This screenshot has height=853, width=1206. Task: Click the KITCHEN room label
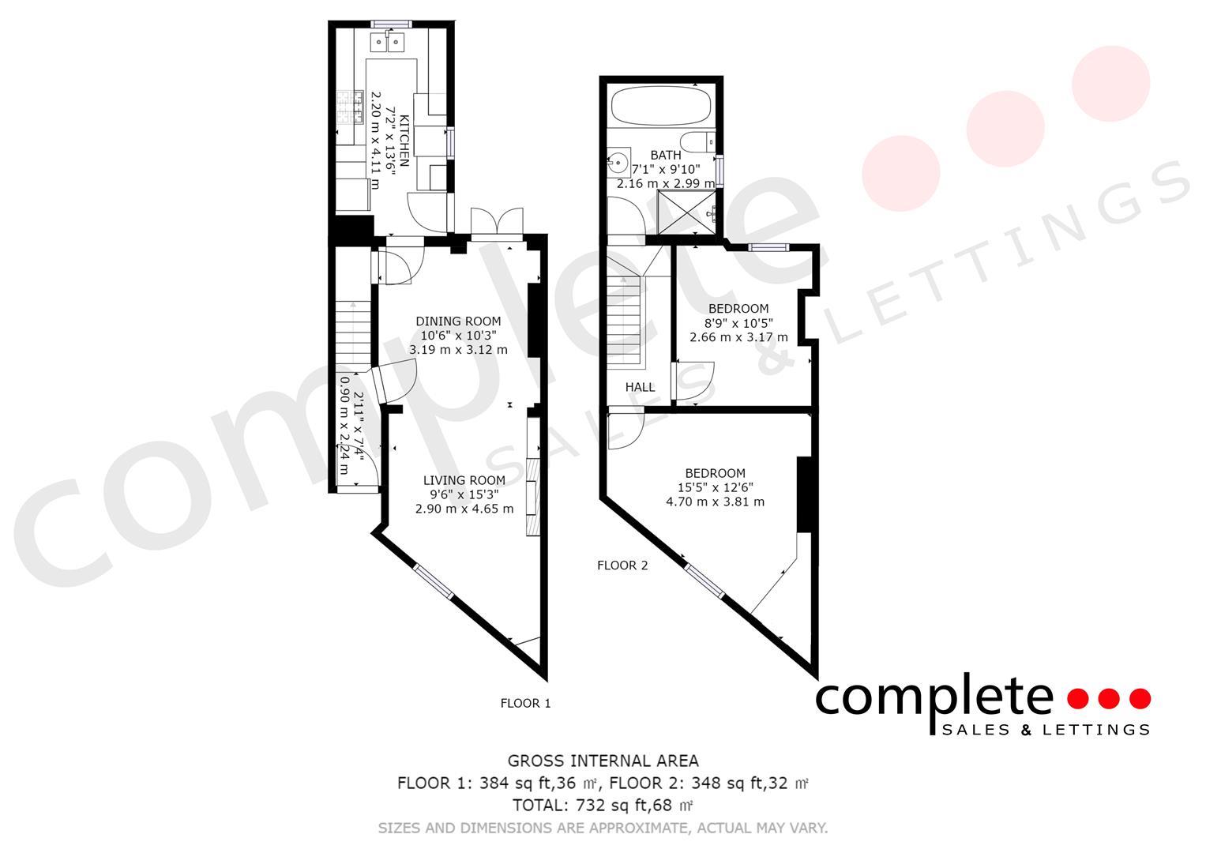tap(404, 139)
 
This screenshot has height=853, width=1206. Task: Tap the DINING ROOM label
tap(458, 321)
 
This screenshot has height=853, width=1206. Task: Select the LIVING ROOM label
tap(464, 480)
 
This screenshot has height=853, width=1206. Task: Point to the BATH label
tap(665, 155)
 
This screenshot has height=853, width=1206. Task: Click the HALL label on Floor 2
tap(640, 387)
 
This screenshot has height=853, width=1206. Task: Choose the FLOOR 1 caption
tap(525, 703)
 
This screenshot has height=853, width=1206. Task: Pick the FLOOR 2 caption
tap(622, 566)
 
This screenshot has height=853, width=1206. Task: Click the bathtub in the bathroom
tap(662, 106)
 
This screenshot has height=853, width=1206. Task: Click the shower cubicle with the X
tap(687, 212)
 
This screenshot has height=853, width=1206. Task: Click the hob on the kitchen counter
tap(348, 109)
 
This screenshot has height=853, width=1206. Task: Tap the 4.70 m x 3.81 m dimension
tap(715, 502)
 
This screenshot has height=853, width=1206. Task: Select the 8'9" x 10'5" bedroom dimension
tap(738, 323)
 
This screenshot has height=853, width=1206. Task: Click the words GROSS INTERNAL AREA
tap(603, 761)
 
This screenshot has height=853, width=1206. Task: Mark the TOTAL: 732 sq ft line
tap(603, 806)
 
